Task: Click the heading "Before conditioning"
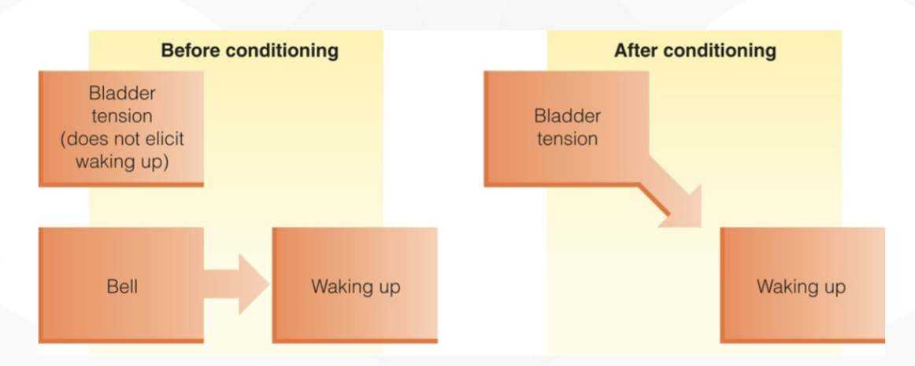(x=250, y=50)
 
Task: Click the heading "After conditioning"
(x=695, y=50)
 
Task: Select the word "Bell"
(x=123, y=287)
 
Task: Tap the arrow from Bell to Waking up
(x=236, y=285)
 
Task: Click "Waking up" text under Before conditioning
(x=356, y=287)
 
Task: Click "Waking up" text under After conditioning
(x=801, y=287)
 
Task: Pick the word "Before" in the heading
(x=191, y=50)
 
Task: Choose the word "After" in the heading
(x=635, y=50)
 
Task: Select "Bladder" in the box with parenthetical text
(x=123, y=94)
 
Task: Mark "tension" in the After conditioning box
(x=567, y=139)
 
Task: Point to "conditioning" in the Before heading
(x=282, y=51)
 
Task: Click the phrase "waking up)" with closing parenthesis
(x=123, y=162)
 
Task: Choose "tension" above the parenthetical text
(x=122, y=117)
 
